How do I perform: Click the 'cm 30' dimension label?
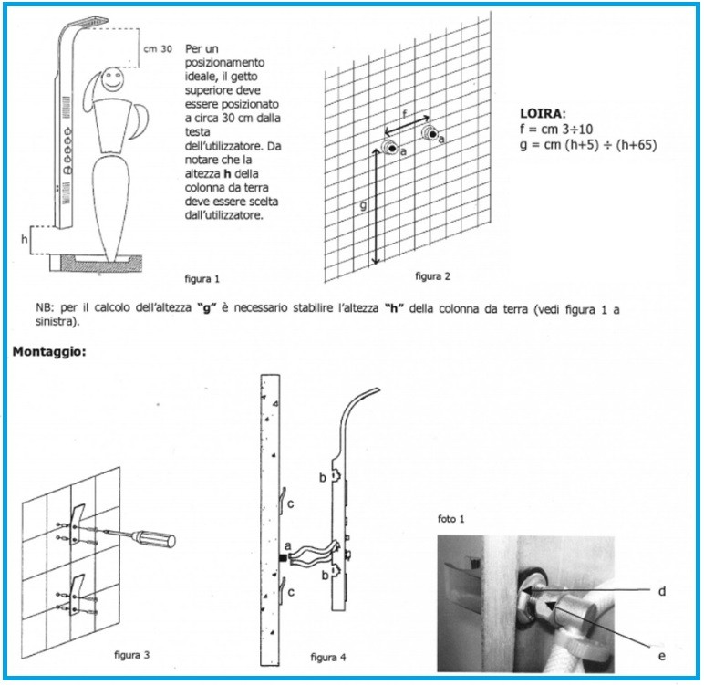[x=158, y=49]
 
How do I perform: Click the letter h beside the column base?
[x=25, y=239]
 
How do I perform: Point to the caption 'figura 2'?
[x=433, y=275]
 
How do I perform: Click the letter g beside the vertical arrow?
[x=363, y=206]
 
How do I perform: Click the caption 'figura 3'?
[x=132, y=654]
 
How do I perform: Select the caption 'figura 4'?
[x=328, y=656]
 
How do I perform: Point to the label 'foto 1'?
[x=451, y=519]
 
